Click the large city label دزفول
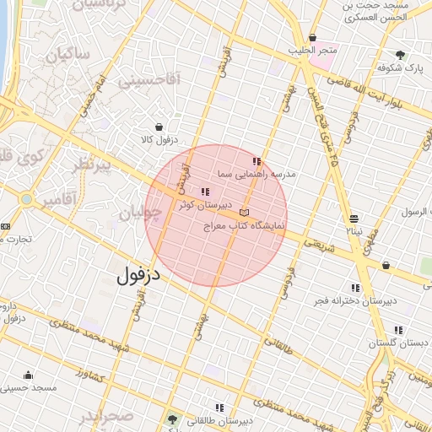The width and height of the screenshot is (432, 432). coord(138,274)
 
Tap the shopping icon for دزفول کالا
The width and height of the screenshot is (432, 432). coord(158,127)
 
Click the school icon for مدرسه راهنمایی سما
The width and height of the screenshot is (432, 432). coord(256,160)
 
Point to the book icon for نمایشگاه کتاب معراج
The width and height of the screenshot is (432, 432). coord(245,213)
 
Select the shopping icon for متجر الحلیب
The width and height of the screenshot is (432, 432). coord(313,38)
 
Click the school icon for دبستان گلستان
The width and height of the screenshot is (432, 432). coord(398,330)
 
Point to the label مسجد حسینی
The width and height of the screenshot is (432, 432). coord(28,387)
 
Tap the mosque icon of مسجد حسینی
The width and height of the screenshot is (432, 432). coord(28,375)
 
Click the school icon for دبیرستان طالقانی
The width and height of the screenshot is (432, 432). coord(219,408)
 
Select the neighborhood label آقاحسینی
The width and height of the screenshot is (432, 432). coord(150,81)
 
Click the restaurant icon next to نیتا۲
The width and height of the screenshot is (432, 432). coord(354,217)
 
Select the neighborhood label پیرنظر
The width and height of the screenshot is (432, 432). coord(91,165)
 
